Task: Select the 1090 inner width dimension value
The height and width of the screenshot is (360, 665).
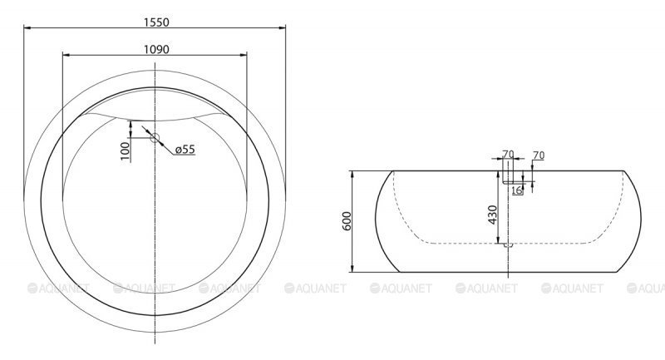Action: tap(156, 49)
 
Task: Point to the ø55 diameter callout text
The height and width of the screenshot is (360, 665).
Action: tap(185, 150)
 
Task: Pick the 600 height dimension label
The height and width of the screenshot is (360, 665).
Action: tap(347, 221)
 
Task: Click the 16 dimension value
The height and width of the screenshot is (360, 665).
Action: tap(517, 190)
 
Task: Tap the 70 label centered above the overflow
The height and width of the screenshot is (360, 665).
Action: tap(508, 155)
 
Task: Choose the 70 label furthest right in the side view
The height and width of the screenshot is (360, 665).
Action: tap(538, 155)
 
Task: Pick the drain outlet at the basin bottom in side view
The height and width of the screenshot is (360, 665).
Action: tap(508, 244)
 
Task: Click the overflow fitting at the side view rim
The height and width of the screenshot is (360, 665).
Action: tap(508, 178)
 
